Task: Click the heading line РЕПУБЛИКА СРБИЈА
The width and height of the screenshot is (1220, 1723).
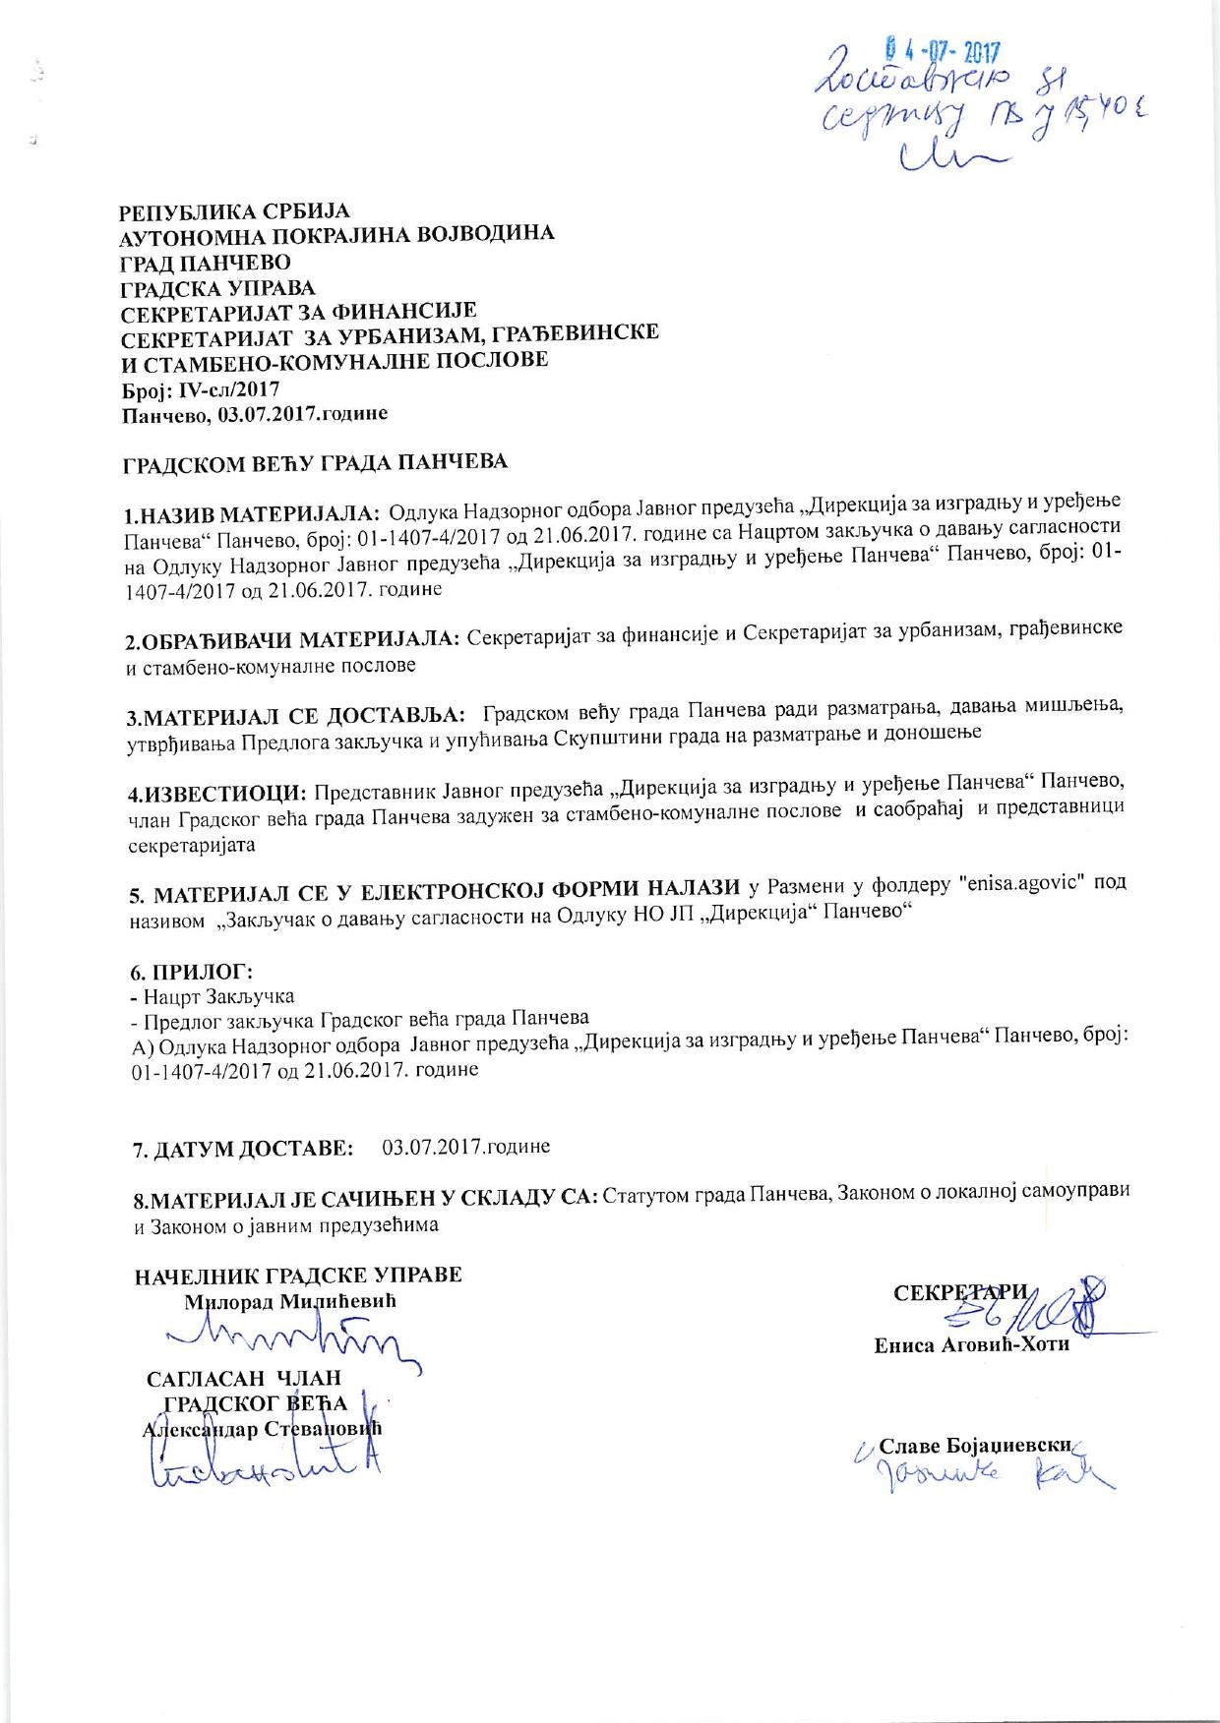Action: coord(234,211)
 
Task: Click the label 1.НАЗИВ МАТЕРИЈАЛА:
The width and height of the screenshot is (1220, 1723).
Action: coord(252,514)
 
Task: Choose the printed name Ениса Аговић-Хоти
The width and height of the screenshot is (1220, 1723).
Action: coord(971,1345)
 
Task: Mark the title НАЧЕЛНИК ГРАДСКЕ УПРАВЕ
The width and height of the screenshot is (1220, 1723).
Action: coord(297,1276)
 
